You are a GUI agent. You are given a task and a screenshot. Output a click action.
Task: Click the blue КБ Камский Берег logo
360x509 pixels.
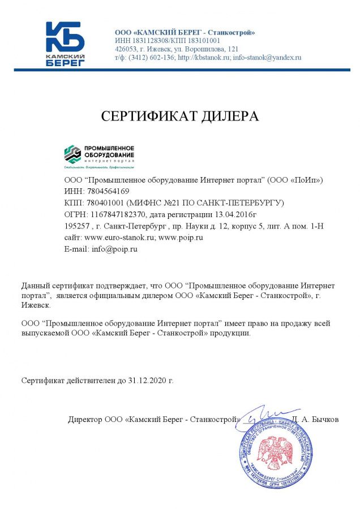65,44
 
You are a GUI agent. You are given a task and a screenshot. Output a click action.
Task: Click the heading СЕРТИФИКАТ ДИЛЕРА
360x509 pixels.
179,117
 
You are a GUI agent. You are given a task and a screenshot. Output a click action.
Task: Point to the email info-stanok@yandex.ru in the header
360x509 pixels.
267,58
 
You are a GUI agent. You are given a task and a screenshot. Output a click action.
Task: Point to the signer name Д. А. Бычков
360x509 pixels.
316,420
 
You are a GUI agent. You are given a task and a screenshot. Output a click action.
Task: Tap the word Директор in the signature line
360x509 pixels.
85,420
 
